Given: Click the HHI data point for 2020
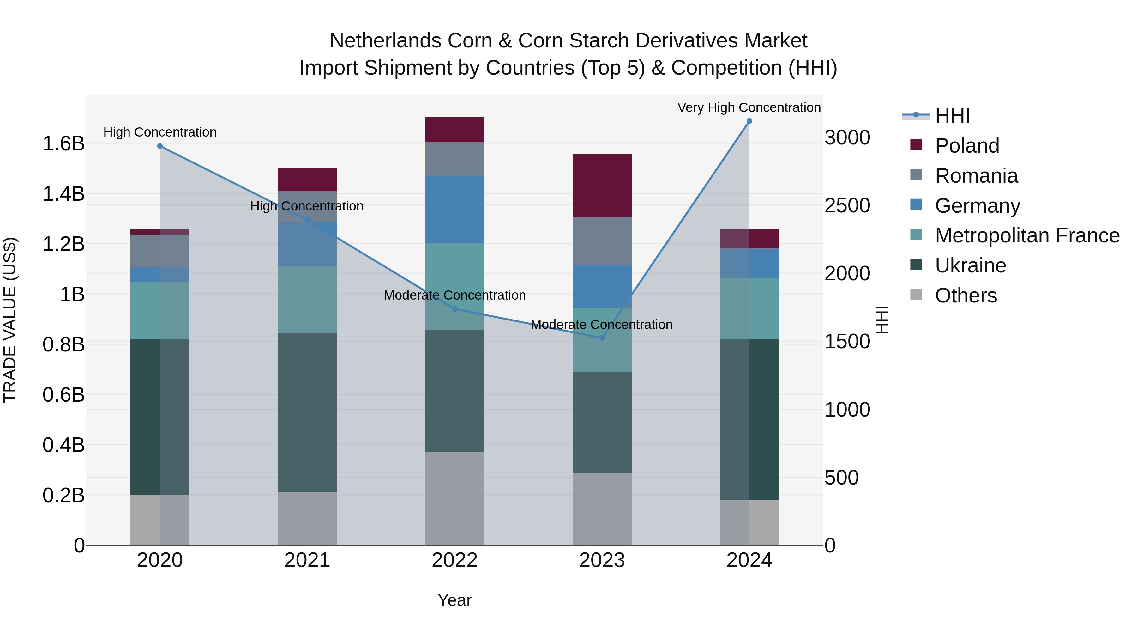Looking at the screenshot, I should click(x=160, y=146).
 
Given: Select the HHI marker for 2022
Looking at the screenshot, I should click(x=454, y=309).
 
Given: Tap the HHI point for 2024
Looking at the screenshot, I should click(x=749, y=121).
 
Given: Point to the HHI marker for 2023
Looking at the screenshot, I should click(x=602, y=338).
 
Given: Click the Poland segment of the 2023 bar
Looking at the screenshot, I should click(x=602, y=186).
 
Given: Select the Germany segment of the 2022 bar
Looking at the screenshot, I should click(x=454, y=209).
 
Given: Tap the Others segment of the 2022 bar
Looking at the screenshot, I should click(x=454, y=498).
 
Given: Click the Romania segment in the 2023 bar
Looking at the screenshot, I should click(x=602, y=241).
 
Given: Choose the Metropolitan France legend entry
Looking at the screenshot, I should click(x=1027, y=235).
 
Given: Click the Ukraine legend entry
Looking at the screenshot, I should click(x=970, y=265).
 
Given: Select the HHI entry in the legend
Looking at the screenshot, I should click(x=952, y=116).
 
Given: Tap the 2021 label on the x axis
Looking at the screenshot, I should click(x=307, y=560).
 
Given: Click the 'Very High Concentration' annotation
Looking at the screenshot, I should click(x=749, y=107).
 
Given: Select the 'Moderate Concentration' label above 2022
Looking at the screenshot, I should click(x=454, y=295).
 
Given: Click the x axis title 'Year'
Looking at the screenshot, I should click(x=454, y=600).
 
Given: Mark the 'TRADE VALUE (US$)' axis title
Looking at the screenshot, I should click(x=10, y=320).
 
